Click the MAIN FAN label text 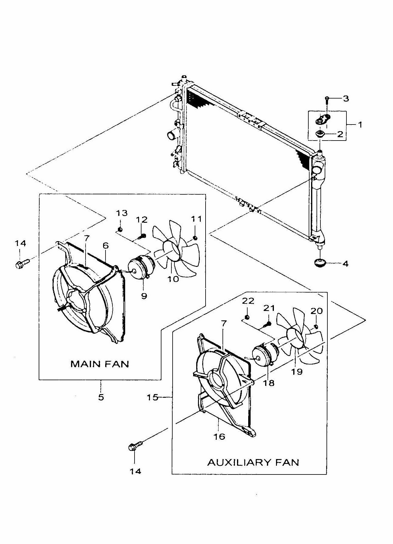tap(100, 364)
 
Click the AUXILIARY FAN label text tap(253, 462)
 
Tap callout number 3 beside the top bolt tap(346, 99)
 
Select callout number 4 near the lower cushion tap(345, 264)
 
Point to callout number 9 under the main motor tap(144, 296)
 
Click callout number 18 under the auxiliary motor tap(269, 383)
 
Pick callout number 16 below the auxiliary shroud tap(219, 436)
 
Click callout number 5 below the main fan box tap(101, 397)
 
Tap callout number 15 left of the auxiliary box tap(153, 397)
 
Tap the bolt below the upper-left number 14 tap(21, 263)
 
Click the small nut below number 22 tap(247, 317)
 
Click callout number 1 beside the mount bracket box tap(360, 125)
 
